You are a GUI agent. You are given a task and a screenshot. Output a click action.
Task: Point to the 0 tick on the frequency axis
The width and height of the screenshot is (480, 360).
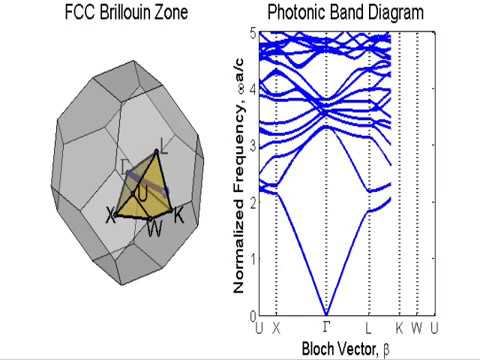point(251,316)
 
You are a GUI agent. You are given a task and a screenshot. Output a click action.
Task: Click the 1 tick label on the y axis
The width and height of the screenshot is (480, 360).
point(251,259)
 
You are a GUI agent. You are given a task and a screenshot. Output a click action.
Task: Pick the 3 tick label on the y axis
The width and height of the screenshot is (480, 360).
point(251,145)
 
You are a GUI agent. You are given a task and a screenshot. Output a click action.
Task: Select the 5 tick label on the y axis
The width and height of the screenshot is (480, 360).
point(251,32)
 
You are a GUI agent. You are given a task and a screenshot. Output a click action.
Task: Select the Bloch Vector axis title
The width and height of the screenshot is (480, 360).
point(344,348)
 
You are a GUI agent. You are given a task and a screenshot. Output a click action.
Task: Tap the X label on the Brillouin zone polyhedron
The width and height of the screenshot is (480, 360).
point(112,214)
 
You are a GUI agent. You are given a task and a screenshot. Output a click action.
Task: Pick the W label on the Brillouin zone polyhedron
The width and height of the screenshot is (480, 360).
point(154,229)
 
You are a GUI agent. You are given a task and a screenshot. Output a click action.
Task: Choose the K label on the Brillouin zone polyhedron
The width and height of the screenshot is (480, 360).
point(179,214)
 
